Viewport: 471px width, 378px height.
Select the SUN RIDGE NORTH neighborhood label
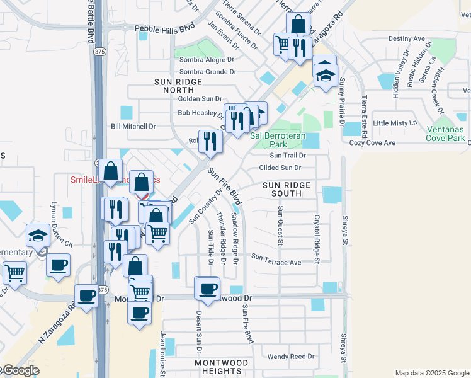tap(178, 86)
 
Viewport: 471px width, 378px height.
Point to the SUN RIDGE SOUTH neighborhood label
tap(287, 189)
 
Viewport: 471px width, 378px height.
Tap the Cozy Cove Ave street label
tap(373, 143)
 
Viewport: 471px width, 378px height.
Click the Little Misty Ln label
tap(395, 123)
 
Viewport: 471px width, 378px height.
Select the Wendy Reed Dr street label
tap(291, 357)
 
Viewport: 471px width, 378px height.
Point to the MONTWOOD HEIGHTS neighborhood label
tap(222, 367)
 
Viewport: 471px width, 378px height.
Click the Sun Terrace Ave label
tap(276, 257)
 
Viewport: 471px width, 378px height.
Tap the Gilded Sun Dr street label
tap(280, 168)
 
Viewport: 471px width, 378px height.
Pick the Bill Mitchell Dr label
tap(133, 127)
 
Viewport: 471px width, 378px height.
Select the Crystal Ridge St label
tap(317, 239)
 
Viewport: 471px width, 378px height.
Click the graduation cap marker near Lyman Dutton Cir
tap(38, 236)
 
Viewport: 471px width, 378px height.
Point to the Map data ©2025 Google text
tap(431, 373)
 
